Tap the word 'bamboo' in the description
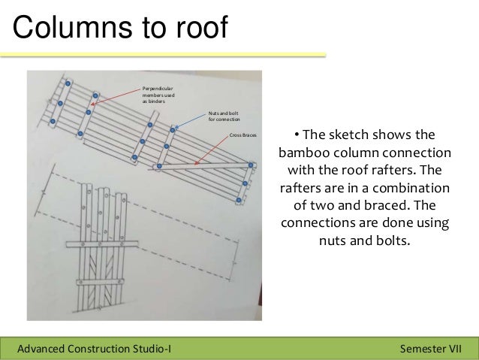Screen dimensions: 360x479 pos(303,153)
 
